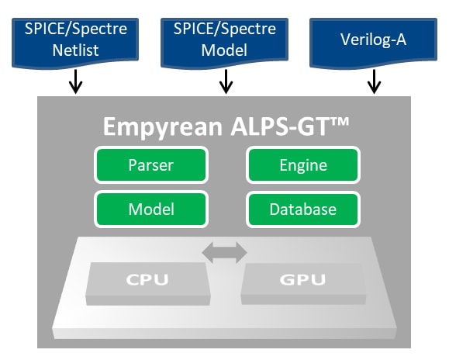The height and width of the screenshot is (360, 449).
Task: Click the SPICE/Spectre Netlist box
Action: (75, 43)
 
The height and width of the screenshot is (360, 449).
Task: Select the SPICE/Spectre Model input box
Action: (225, 43)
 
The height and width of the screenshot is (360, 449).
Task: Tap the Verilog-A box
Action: (374, 43)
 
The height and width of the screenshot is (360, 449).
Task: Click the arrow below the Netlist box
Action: (75, 81)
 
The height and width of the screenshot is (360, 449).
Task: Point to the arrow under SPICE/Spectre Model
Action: (226, 81)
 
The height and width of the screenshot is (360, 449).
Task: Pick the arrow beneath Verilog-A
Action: (374, 81)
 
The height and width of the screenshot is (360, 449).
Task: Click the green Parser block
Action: (151, 165)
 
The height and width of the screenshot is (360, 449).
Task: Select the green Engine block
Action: (303, 165)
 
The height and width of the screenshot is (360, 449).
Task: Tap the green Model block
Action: (151, 209)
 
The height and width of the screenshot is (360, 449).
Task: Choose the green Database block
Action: (303, 209)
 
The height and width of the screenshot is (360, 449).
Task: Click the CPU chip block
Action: (148, 283)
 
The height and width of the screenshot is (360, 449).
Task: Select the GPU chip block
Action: (303, 283)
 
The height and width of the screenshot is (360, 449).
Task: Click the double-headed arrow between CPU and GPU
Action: (225, 253)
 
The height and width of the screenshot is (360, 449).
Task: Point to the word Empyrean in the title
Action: (163, 127)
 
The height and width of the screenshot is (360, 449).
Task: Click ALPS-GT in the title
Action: (279, 126)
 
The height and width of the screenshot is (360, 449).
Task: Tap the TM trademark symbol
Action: (339, 122)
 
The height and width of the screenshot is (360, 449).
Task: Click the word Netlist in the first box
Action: (75, 50)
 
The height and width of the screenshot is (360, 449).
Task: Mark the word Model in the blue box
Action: (224, 50)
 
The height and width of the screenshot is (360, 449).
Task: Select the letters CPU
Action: (147, 279)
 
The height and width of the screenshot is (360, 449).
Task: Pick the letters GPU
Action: (302, 279)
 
